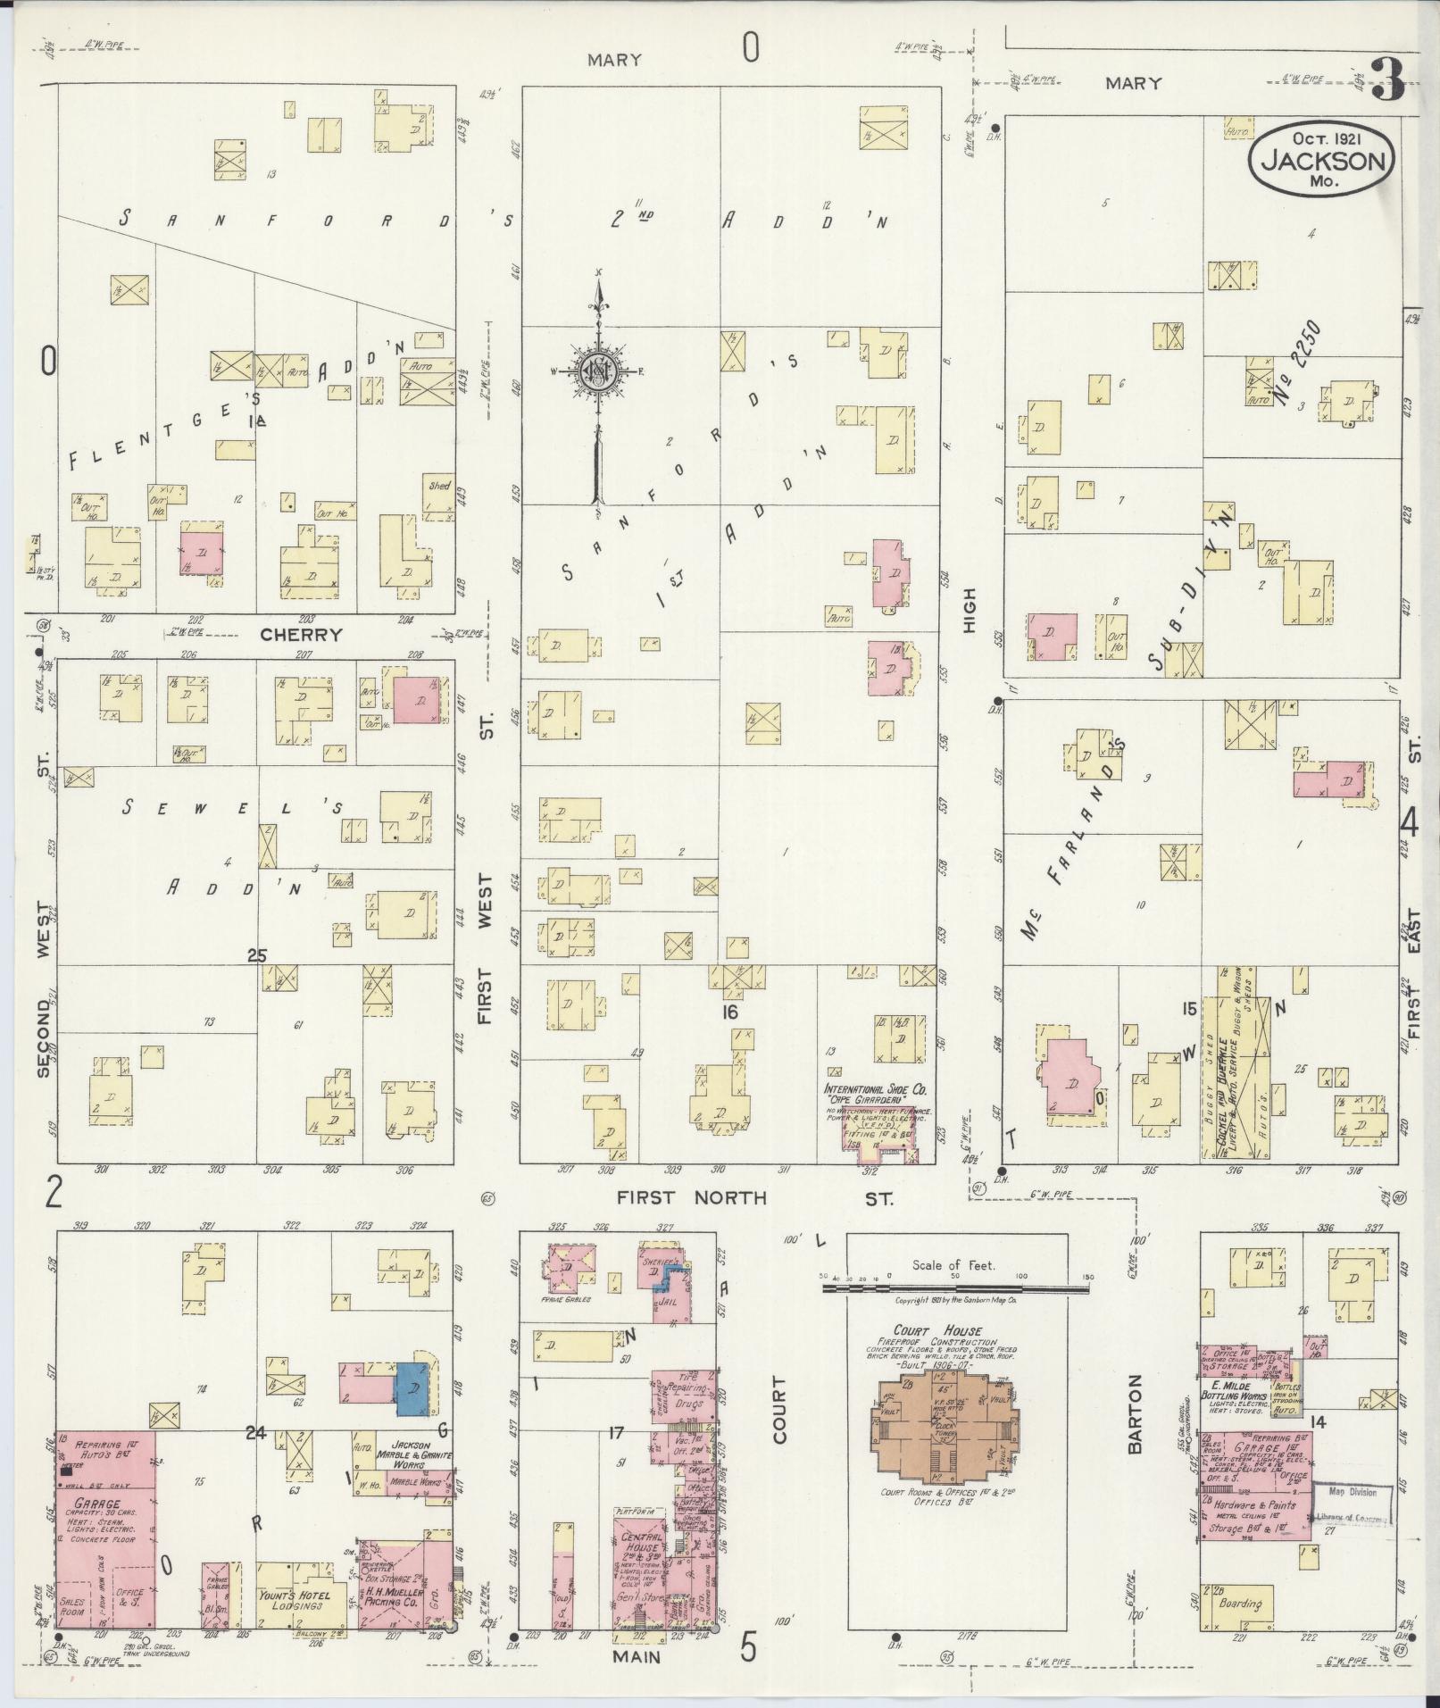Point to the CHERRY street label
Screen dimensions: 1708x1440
pos(302,635)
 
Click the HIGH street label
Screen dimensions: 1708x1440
pos(970,611)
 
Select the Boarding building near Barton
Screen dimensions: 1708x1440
pos(1241,1603)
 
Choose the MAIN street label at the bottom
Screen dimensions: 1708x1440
pos(637,1657)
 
